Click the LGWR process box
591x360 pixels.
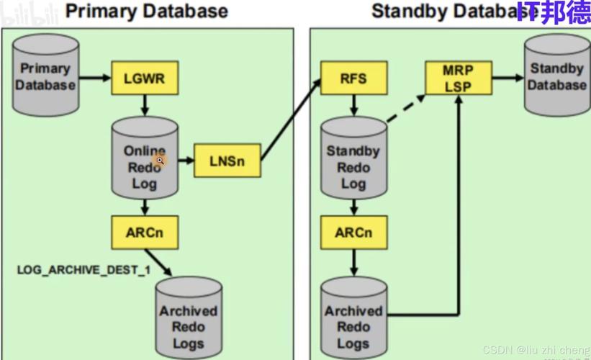(145, 78)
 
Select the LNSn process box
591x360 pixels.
(227, 161)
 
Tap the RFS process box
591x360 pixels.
(353, 78)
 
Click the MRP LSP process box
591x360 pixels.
(458, 78)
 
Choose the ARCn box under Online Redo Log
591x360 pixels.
(145, 233)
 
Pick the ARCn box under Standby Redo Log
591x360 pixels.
(353, 233)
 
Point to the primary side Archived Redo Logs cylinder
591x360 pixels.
(189, 318)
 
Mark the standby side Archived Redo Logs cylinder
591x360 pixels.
(353, 318)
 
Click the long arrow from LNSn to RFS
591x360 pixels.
(292, 119)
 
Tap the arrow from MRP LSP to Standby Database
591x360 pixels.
(507, 78)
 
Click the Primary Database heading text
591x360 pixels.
(147, 11)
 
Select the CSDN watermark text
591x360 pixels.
(536, 350)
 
